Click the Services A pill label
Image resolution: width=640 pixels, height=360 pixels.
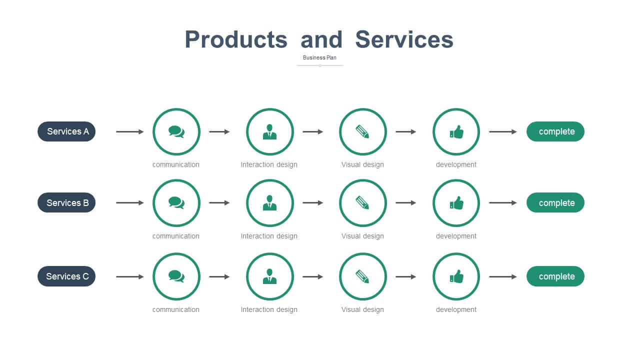tap(66, 131)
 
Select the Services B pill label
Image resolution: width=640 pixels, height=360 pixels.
tap(66, 202)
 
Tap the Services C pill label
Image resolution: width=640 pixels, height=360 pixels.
tap(66, 276)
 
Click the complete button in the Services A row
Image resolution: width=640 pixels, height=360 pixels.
tap(555, 131)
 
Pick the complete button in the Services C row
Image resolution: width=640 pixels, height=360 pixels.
tap(555, 276)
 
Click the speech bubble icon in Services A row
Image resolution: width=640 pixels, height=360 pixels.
tap(176, 131)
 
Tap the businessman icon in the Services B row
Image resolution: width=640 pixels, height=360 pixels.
tap(269, 203)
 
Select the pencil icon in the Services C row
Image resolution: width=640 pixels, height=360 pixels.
tap(362, 276)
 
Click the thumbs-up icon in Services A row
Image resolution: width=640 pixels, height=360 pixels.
tap(456, 132)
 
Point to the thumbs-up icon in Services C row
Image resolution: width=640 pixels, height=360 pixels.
tap(456, 276)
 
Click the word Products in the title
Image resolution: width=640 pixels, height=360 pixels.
tap(236, 39)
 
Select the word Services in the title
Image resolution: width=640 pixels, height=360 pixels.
tap(404, 39)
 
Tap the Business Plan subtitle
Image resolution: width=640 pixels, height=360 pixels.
tap(319, 57)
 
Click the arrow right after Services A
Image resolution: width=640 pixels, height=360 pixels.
tap(129, 131)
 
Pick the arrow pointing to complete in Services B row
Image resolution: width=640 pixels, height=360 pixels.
tap(503, 203)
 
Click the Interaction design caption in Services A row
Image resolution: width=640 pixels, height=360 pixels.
tap(269, 164)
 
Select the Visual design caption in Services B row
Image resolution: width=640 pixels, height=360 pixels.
tap(362, 236)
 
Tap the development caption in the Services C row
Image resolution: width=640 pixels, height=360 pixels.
tap(456, 309)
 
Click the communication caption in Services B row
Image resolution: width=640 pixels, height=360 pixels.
tap(176, 236)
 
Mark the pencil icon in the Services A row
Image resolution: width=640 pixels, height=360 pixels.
tap(362, 131)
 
